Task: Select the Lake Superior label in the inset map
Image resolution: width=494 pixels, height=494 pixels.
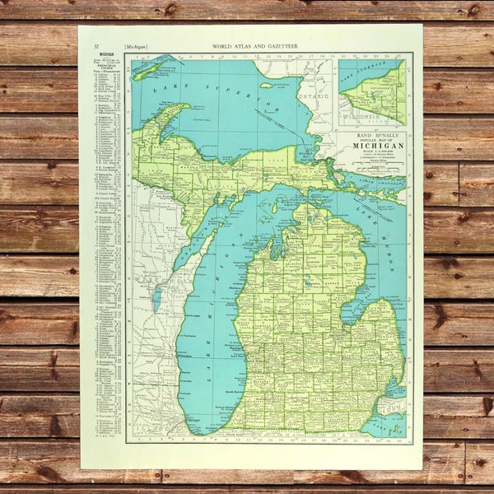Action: [x=368, y=69]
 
